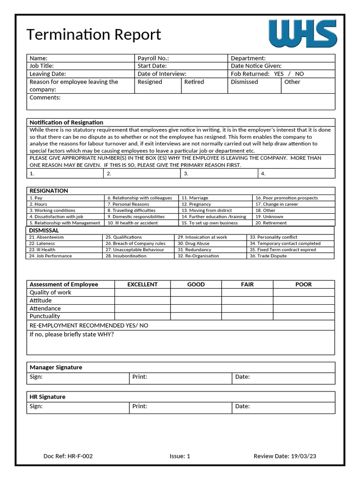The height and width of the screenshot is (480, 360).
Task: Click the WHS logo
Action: click(303, 34)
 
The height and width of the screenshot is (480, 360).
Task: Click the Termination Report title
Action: click(94, 35)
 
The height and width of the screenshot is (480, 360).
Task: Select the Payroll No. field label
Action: click(153, 58)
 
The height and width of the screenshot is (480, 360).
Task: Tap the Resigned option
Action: click(150, 82)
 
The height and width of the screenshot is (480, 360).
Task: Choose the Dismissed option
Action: click(244, 82)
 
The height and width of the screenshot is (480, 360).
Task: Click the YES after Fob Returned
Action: click(279, 74)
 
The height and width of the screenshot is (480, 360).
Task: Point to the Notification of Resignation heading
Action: click(66, 122)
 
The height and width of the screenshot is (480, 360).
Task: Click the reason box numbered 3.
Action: click(219, 173)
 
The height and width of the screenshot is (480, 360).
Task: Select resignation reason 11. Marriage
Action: click(195, 198)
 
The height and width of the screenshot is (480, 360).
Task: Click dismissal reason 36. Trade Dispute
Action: click(268, 256)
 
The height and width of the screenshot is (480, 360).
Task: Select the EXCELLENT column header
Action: click(142, 285)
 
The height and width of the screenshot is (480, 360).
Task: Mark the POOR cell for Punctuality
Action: click(303, 316)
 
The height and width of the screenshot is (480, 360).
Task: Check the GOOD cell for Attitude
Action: click(196, 300)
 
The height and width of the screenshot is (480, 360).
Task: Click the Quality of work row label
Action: click(51, 292)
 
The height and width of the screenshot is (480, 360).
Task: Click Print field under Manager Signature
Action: click(180, 377)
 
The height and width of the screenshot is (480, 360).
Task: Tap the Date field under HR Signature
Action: click(284, 407)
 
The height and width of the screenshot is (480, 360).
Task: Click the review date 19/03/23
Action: click(304, 456)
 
